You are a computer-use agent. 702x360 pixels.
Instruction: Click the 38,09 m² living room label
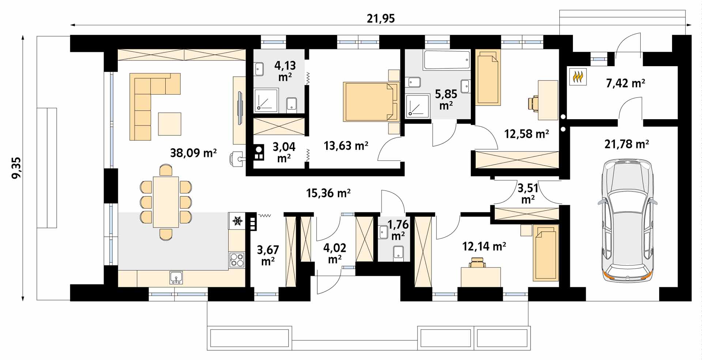coord(193,152)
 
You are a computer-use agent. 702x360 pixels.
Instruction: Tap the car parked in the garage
coord(627,220)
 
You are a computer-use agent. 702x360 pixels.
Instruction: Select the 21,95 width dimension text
coord(381,18)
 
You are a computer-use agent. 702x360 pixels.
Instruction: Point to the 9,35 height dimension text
coord(16,168)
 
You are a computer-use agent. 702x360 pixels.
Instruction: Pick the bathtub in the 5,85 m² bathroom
coord(446,60)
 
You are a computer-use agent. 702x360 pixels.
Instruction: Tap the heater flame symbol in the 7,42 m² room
coord(578,77)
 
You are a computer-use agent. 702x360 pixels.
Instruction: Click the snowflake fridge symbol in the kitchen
coord(238,221)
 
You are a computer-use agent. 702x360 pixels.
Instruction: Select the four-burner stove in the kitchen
coord(237,260)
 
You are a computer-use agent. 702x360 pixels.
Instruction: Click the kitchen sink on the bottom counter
coord(176,278)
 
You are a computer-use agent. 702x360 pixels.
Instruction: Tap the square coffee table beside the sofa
coord(170,124)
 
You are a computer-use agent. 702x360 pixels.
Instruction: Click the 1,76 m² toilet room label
coord(398,230)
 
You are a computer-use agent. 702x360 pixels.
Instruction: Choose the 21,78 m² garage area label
coord(627,144)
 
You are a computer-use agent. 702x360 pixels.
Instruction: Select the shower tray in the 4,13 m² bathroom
coord(266,100)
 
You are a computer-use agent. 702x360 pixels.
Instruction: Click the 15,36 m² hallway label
coord(328,193)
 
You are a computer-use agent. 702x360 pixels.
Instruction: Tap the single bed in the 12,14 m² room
coord(546,253)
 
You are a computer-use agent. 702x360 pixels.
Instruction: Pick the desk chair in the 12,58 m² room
coord(533,103)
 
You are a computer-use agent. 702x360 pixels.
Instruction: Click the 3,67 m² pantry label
coord(268,255)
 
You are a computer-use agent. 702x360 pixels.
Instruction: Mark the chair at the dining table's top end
coord(166,170)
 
